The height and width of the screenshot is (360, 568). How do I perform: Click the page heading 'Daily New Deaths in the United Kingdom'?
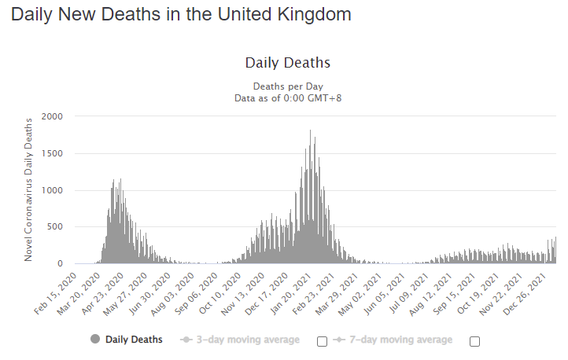(181, 14)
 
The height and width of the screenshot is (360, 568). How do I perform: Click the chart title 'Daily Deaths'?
(288, 63)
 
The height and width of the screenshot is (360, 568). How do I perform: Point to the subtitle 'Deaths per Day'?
(288, 86)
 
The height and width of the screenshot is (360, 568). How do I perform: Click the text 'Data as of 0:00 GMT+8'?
(288, 98)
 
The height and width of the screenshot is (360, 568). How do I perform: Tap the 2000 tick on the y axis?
(52, 116)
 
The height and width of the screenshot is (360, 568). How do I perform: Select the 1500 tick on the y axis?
(52, 153)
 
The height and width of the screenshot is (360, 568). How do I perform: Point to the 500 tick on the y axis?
(55, 227)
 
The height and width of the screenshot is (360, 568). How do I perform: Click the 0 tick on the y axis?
(60, 264)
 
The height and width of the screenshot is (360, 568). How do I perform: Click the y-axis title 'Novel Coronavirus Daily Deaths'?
(28, 189)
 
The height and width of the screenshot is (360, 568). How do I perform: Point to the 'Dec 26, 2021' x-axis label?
(526, 292)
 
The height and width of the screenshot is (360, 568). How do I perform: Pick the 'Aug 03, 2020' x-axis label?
(174, 292)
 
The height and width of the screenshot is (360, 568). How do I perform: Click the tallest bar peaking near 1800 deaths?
(310, 197)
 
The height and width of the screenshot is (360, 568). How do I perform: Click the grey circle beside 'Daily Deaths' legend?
(95, 339)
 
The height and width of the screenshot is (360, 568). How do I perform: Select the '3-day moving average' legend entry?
(240, 340)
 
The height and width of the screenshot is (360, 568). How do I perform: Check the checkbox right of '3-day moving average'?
(322, 341)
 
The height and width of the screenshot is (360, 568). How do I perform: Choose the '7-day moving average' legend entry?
(393, 340)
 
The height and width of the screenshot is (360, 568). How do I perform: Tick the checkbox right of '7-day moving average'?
(474, 341)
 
